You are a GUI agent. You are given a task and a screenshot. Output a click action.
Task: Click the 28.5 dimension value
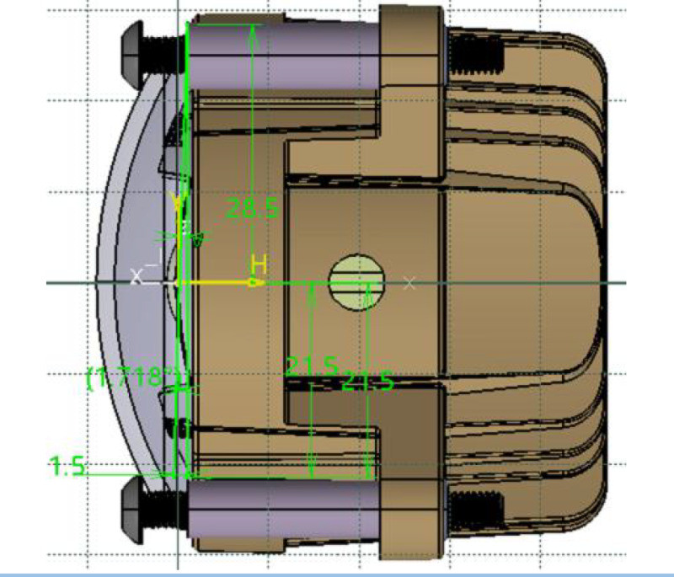pos(254,208)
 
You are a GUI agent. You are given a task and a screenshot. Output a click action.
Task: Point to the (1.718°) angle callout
pos(135,377)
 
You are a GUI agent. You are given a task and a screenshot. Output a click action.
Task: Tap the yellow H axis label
pos(259,264)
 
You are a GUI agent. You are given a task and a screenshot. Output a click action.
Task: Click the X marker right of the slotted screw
pos(409,283)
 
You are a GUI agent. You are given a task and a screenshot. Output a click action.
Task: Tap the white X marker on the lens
pos(137,275)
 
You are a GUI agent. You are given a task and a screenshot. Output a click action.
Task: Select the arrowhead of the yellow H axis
pos(255,283)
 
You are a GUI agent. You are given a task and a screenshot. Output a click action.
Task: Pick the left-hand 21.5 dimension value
pos(310,367)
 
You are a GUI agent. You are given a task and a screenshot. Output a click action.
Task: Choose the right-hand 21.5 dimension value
pos(369,382)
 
